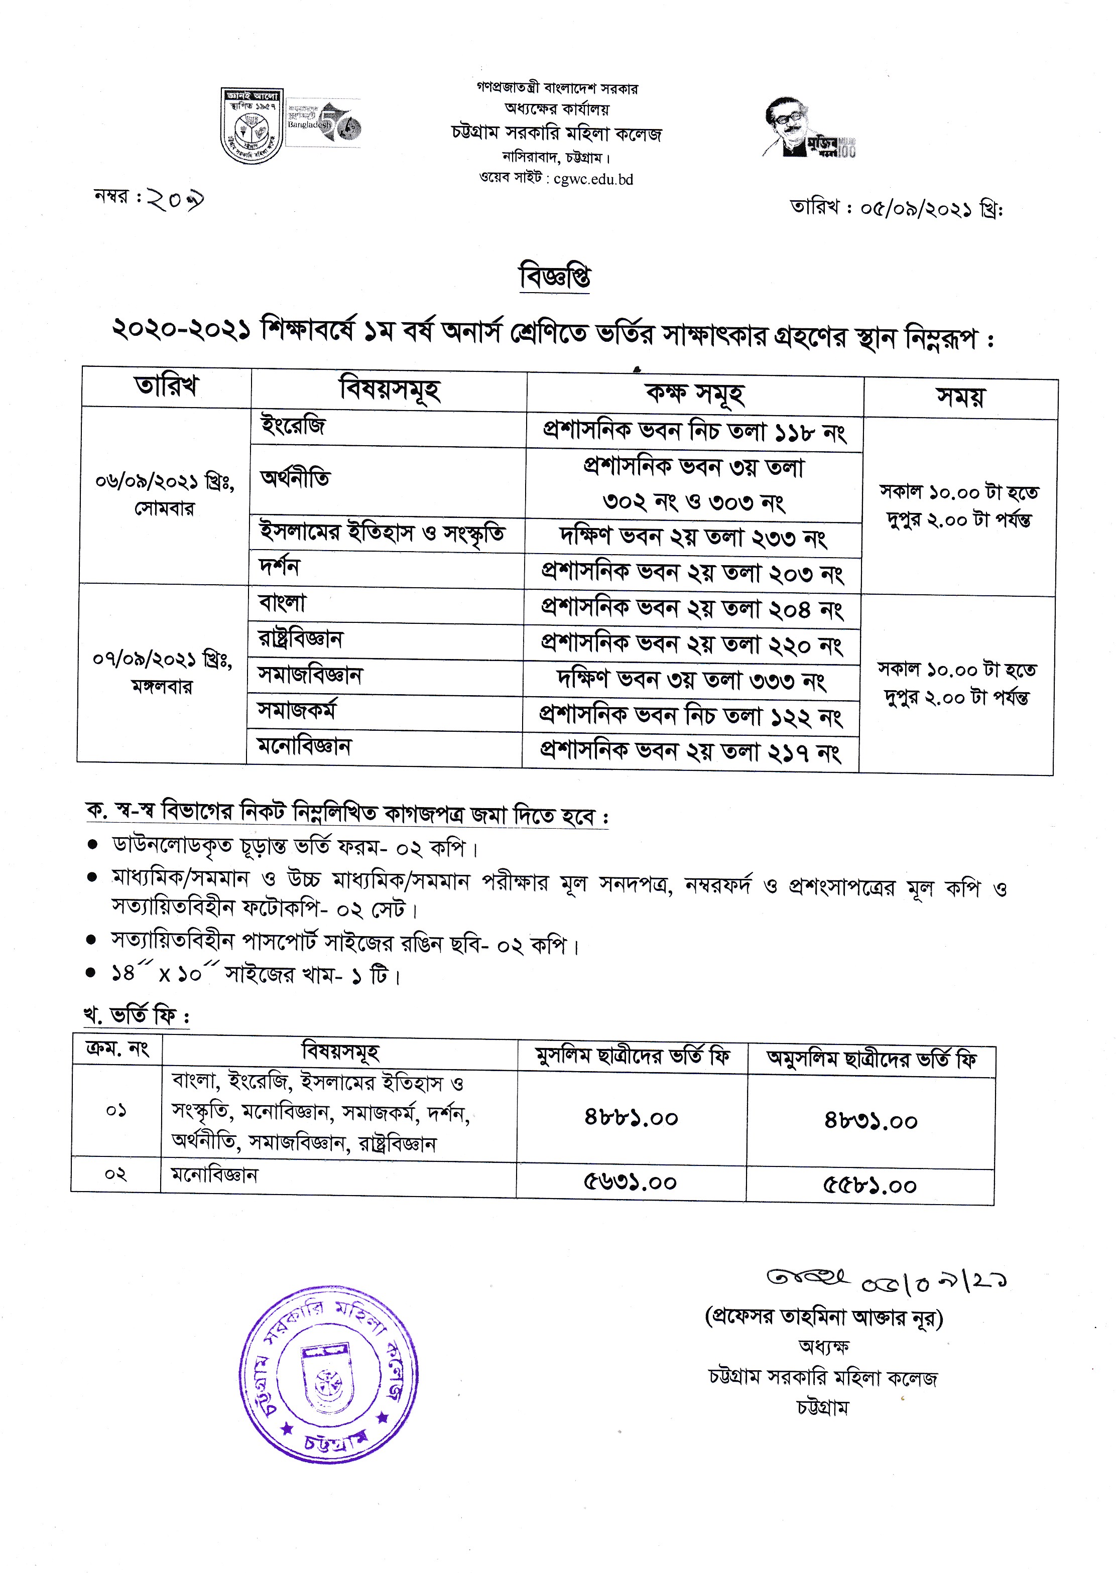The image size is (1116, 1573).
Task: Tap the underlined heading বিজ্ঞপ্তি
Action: click(x=555, y=277)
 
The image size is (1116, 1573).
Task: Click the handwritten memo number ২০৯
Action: click(x=175, y=200)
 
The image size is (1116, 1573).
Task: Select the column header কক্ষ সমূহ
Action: click(x=694, y=393)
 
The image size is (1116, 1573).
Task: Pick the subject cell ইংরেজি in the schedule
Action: click(x=293, y=426)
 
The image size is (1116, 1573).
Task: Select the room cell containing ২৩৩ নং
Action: click(x=693, y=537)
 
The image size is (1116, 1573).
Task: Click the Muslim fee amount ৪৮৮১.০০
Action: click(x=631, y=1118)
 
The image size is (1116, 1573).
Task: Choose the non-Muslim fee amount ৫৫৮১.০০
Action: click(x=870, y=1186)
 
